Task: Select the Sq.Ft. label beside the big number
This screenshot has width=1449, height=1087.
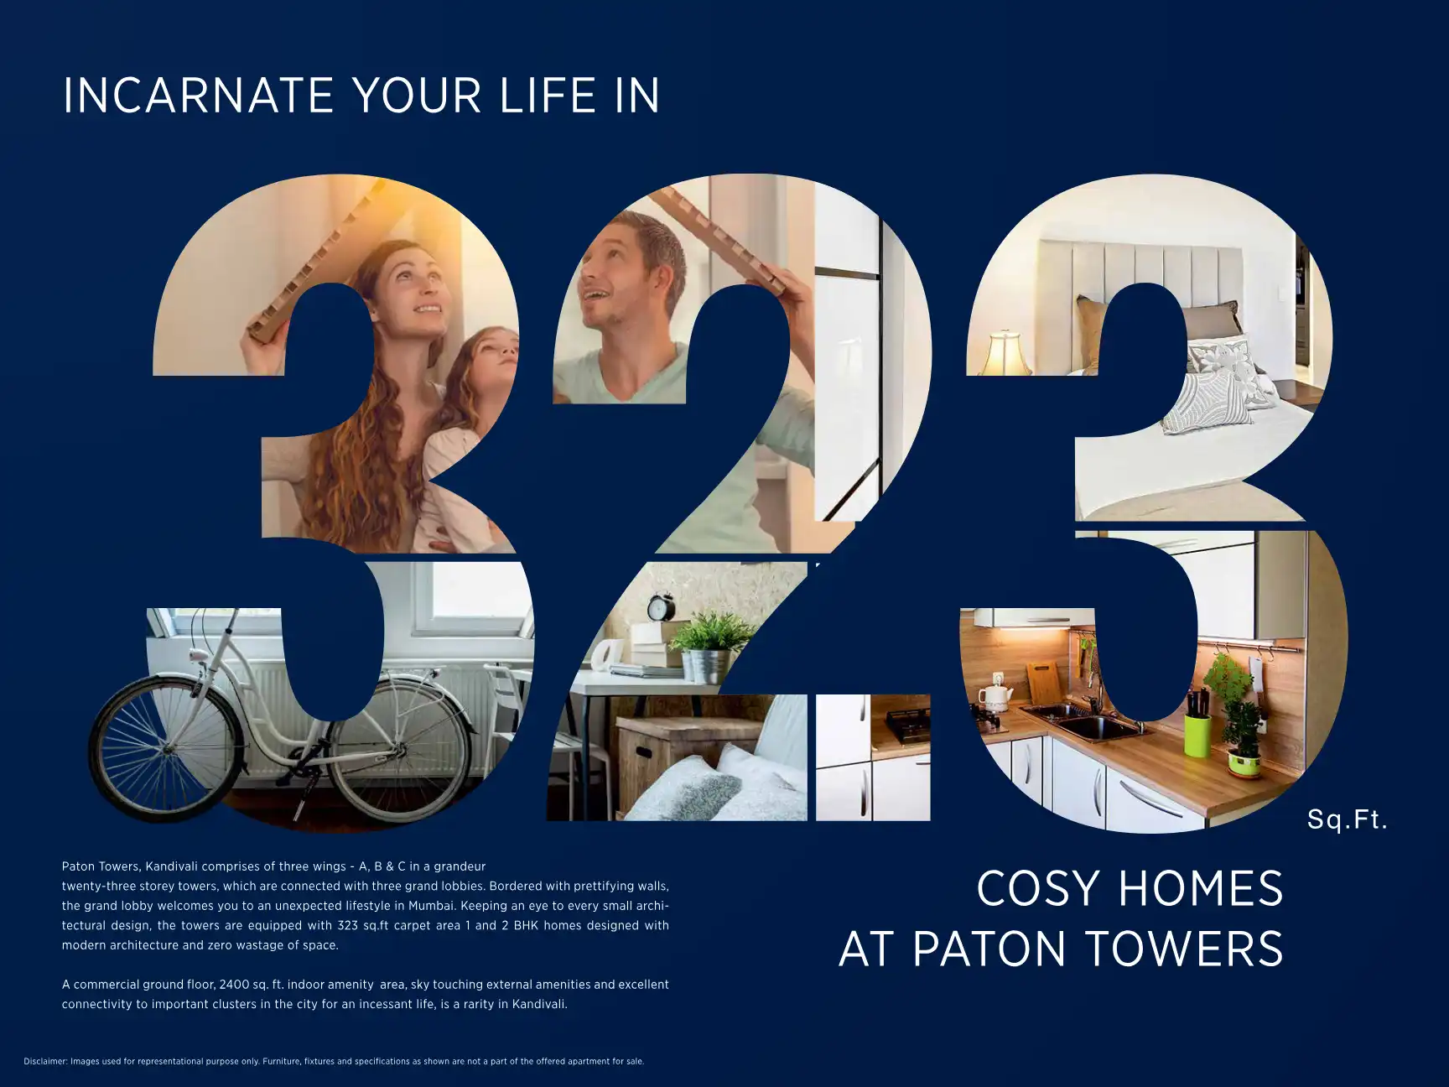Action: [x=1347, y=819]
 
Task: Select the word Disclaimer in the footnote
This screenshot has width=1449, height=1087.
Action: [x=45, y=1062]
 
